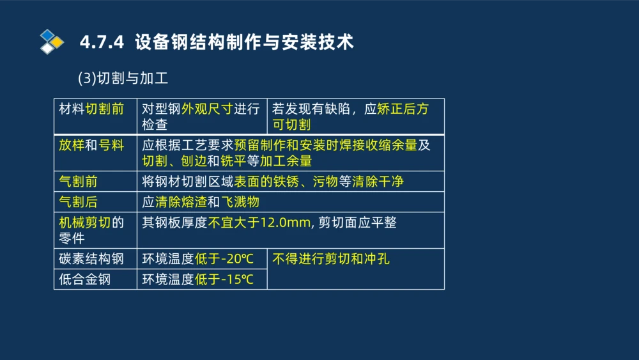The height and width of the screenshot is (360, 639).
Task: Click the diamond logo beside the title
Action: [52, 42]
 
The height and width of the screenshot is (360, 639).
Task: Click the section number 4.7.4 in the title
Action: [102, 42]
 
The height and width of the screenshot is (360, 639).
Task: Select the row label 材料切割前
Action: [91, 109]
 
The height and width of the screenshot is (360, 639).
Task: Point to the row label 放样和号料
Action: [91, 145]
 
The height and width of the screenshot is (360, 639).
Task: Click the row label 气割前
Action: [78, 182]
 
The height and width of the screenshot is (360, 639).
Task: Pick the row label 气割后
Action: [78, 202]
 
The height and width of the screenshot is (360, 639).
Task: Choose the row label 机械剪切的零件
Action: [91, 230]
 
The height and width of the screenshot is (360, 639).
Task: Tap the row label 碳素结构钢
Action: [91, 259]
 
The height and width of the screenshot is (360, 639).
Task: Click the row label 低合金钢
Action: [84, 279]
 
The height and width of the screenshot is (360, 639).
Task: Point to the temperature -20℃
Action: [238, 259]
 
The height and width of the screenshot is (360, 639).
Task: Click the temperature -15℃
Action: [238, 279]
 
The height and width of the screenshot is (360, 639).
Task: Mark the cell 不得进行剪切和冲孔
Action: [331, 259]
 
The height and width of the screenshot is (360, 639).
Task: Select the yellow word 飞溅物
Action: [240, 202]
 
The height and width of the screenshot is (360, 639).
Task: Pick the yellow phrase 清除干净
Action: [378, 182]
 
